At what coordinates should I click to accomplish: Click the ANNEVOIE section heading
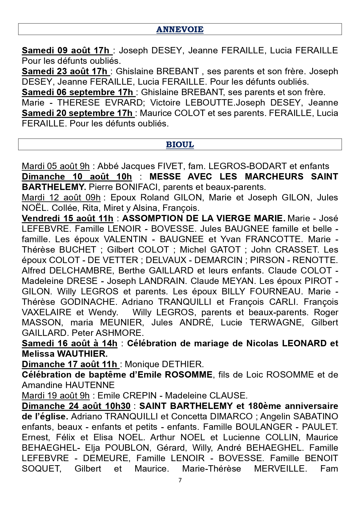click(180, 29)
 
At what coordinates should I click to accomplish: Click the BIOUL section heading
click(180, 144)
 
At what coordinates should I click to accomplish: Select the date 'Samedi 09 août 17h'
click(67, 50)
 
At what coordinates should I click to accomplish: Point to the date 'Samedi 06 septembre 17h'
click(78, 92)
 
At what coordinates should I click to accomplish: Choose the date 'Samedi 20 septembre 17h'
click(78, 113)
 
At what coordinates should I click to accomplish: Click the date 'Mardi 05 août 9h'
click(56, 166)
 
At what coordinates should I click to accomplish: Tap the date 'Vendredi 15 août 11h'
click(67, 218)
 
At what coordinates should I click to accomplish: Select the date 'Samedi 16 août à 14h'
click(69, 343)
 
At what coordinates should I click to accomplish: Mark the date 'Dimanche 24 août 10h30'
click(76, 406)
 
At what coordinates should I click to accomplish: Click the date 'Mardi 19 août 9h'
click(56, 396)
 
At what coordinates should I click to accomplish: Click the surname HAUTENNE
click(90, 385)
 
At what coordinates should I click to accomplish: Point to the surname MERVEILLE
click(280, 469)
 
